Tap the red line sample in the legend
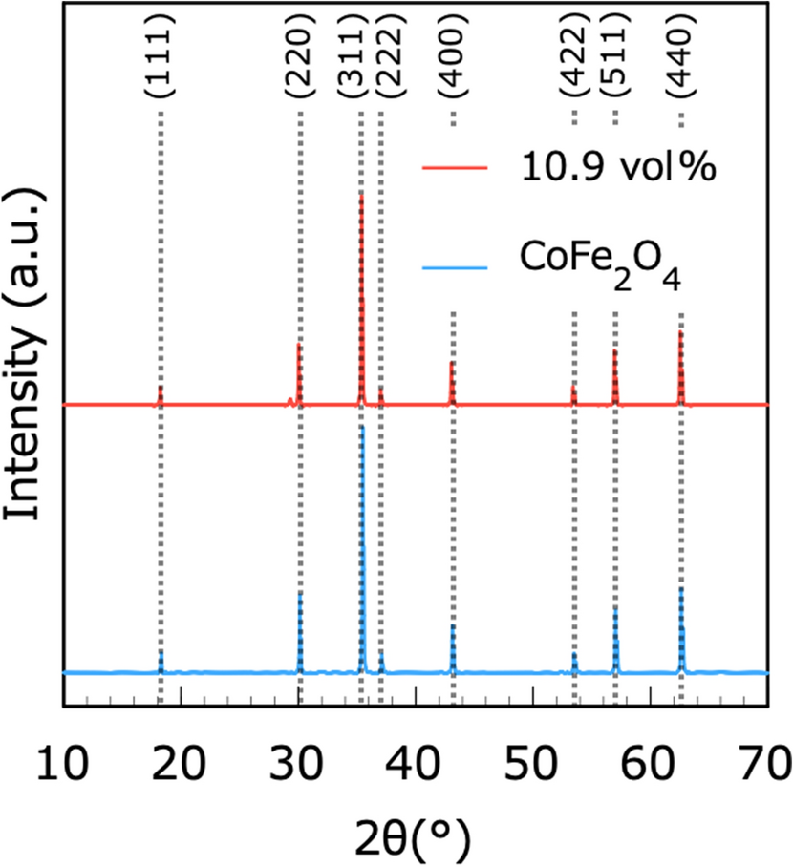pos(456,168)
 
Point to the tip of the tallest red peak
pos(361,194)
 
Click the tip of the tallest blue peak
pos(362,426)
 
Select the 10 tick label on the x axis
pos(63,765)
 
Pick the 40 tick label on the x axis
pos(416,765)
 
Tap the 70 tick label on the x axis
pos(766,765)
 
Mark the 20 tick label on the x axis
pos(181,765)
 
